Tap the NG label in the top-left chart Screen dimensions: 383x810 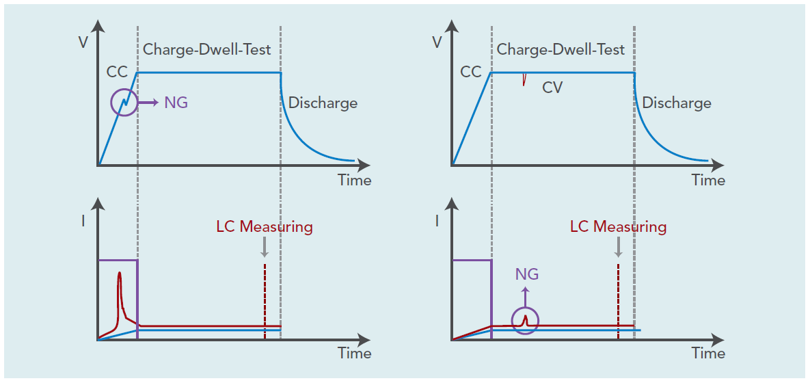click(176, 103)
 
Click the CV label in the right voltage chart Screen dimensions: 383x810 click(552, 87)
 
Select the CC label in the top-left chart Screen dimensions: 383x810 click(117, 72)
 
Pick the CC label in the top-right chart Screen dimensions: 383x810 click(471, 72)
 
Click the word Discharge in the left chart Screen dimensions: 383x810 click(323, 103)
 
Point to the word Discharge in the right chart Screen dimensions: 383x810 click(677, 103)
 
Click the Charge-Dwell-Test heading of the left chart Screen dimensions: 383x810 click(206, 49)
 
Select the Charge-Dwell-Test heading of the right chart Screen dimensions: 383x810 click(561, 49)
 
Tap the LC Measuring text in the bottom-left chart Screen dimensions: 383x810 click(264, 227)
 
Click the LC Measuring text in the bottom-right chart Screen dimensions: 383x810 click(618, 227)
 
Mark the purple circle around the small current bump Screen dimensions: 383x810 click(525, 320)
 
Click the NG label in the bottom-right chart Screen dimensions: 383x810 click(526, 274)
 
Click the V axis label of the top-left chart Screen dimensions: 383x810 click(83, 42)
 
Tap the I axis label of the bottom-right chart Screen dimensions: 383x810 click(437, 221)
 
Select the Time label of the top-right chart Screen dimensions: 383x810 click(708, 181)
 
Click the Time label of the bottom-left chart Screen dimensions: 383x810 click(355, 353)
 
